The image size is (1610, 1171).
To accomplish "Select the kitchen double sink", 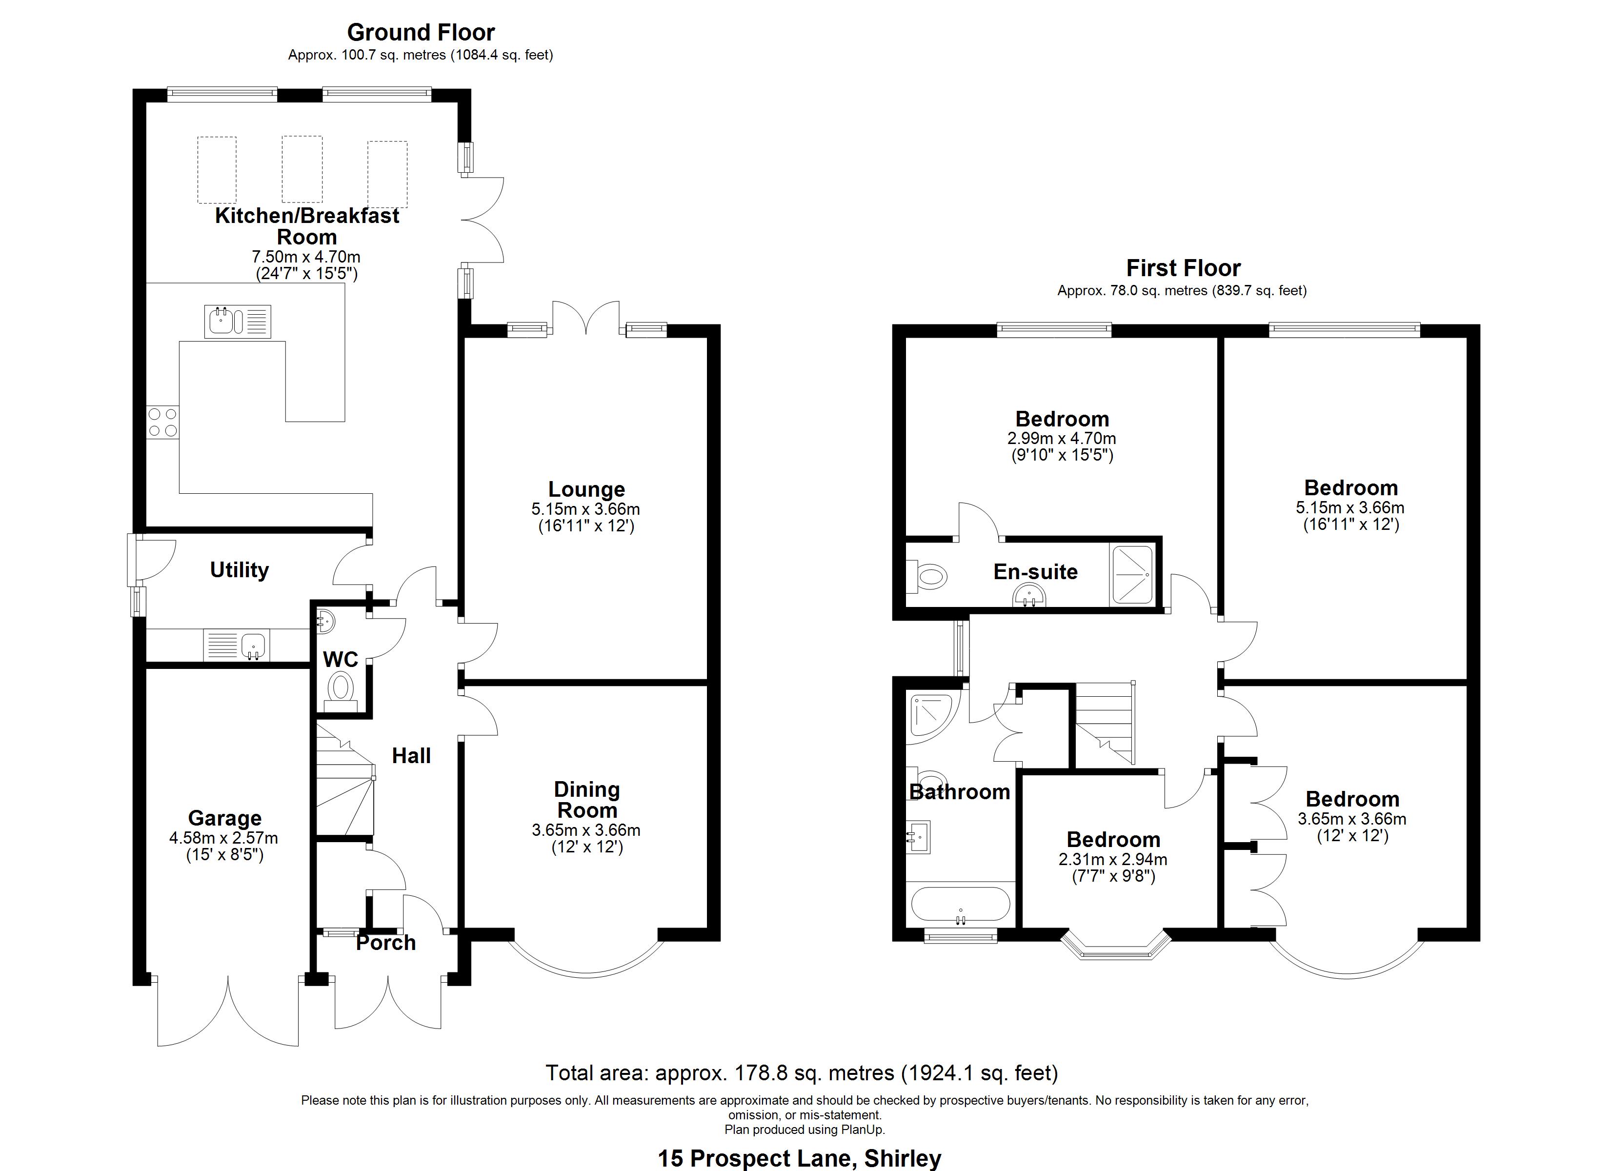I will [x=238, y=322].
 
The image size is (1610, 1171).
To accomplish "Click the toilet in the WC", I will [x=341, y=689].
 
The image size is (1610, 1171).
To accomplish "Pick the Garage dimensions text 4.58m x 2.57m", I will [x=223, y=838].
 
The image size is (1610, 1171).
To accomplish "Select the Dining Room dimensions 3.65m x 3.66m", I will [x=586, y=829].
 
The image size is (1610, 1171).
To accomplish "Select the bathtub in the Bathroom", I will [x=960, y=907].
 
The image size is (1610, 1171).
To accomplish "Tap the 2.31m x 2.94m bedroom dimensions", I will [x=1112, y=859].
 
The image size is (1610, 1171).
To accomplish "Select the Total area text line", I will [x=802, y=1072].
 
